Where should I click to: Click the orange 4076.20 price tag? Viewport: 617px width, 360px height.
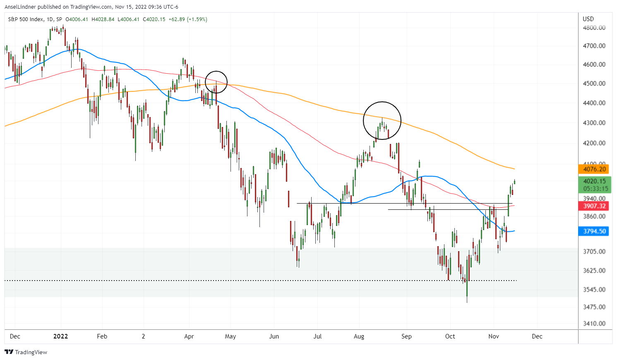coord(594,169)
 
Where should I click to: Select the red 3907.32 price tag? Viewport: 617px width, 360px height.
coord(594,206)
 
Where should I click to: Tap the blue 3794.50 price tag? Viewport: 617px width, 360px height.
coord(594,231)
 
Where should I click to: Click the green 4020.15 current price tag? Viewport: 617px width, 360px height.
coord(594,181)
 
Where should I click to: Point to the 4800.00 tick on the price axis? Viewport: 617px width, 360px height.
coord(594,28)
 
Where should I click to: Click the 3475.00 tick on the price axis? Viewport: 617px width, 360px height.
coord(594,307)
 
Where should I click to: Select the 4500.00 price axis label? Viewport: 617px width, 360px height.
coord(594,84)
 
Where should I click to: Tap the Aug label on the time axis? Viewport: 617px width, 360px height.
coord(359,336)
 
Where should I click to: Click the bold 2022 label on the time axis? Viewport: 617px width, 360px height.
coord(60,336)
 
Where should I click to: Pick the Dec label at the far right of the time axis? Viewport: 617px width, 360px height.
coord(537,336)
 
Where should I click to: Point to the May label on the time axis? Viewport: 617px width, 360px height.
coord(230,336)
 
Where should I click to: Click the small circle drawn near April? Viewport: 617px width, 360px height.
coord(216,82)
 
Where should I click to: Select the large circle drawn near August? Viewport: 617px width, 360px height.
coord(382,120)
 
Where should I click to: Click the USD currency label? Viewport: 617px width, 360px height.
coord(588,19)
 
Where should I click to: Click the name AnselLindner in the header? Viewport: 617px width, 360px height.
coord(20,7)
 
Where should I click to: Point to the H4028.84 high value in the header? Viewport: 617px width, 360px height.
coord(103,19)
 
